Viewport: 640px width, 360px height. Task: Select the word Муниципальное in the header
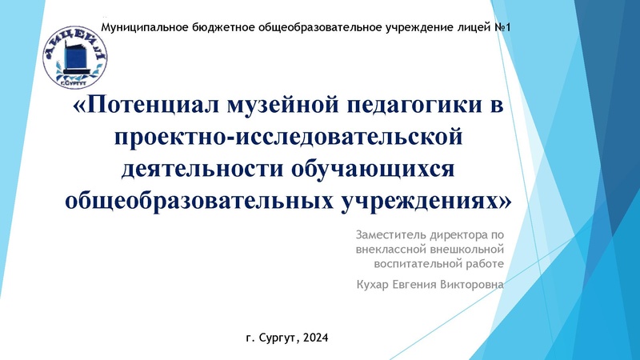pyautogui.click(x=145, y=28)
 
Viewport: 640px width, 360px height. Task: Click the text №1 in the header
pyautogui.click(x=503, y=28)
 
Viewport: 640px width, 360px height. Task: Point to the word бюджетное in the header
pyautogui.click(x=226, y=28)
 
